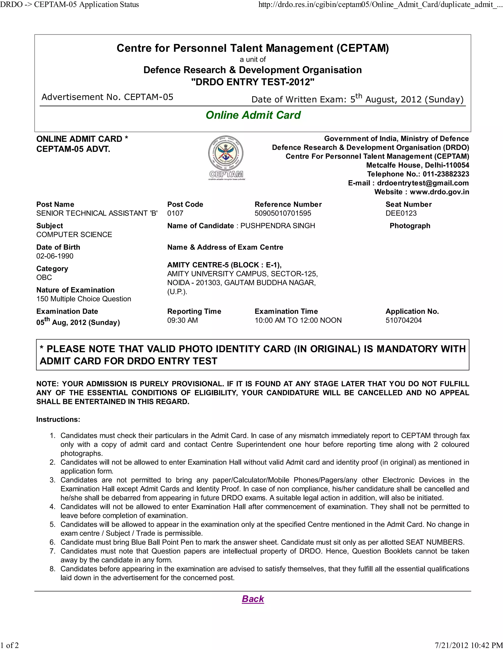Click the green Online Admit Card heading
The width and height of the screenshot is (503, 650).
(253, 115)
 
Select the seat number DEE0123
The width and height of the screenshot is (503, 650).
(401, 213)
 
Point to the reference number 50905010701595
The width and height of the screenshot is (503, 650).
(282, 213)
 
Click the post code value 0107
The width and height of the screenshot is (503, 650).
(175, 213)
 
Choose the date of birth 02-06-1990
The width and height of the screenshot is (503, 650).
(55, 256)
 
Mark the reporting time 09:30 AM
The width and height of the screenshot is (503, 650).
(182, 320)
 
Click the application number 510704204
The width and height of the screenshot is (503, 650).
(404, 320)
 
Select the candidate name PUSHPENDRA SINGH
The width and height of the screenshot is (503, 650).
(278, 226)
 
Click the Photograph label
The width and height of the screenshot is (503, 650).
(410, 226)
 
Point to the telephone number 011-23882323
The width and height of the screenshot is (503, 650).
(446, 174)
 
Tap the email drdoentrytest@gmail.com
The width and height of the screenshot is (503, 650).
(423, 183)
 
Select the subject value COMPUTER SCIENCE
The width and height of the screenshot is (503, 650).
(74, 234)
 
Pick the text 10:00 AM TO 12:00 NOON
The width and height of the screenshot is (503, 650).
(298, 320)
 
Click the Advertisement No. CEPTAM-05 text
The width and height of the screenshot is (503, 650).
(107, 97)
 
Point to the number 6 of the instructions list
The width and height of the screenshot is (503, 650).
(53, 542)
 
